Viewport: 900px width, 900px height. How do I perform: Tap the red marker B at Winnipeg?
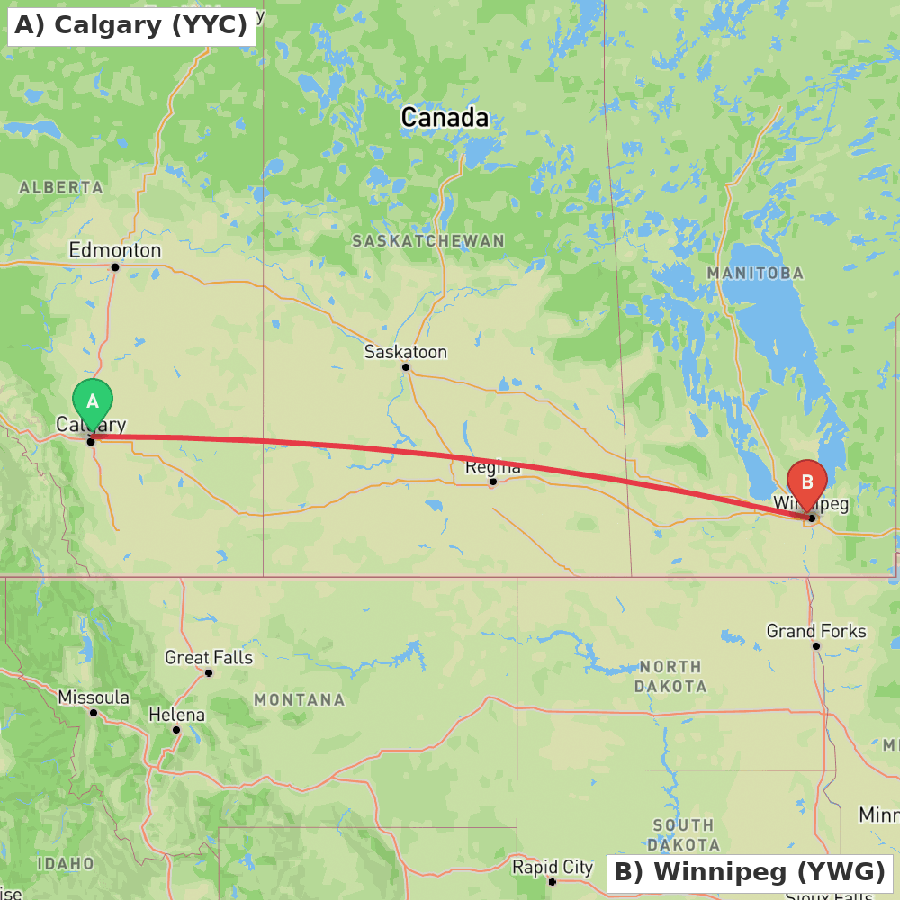point(806,483)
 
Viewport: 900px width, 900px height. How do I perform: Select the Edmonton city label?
point(115,250)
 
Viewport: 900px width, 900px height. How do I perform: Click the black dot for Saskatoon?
point(406,367)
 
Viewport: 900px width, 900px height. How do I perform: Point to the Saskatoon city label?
point(405,352)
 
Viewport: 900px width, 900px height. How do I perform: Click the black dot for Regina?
point(493,481)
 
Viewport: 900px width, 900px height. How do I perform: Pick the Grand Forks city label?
point(816,631)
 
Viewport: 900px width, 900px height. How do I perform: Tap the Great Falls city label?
point(209,658)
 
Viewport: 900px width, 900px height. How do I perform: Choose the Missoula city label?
point(94,697)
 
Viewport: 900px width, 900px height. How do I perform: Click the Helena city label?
point(176,715)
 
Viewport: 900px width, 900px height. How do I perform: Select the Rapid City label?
point(553,867)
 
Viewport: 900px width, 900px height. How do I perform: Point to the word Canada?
point(445,117)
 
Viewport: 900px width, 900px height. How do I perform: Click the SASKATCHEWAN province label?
point(428,241)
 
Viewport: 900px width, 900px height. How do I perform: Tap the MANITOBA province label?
point(755,273)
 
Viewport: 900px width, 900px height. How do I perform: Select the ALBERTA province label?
point(61,187)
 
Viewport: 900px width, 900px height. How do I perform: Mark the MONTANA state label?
point(299,699)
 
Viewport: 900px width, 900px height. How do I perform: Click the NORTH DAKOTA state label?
point(670,676)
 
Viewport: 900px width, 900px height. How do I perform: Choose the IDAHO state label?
point(66,863)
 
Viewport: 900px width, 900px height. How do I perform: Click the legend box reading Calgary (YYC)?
point(131,25)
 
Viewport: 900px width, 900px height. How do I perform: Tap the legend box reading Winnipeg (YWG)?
point(750,872)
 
